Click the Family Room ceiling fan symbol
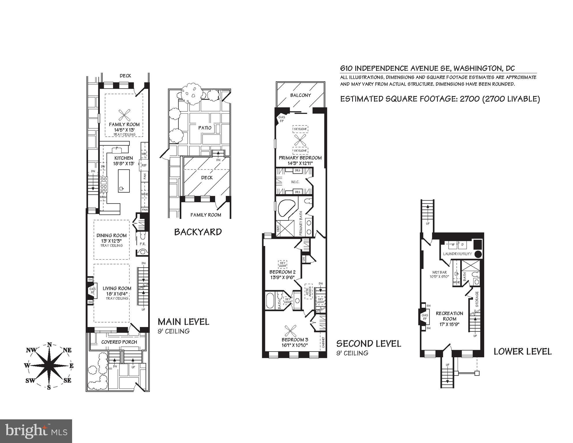click(x=124, y=115)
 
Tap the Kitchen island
click(x=124, y=181)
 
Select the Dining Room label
click(x=111, y=235)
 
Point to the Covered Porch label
click(x=119, y=342)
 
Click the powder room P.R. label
click(x=142, y=244)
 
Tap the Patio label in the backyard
click(x=205, y=128)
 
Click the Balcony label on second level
click(x=300, y=95)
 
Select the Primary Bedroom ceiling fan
click(x=300, y=140)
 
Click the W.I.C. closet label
click(x=295, y=182)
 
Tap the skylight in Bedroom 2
click(x=282, y=264)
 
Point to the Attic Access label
click(x=309, y=291)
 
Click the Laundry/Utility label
click(x=457, y=254)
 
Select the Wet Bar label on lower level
click(x=439, y=272)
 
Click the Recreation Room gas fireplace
click(x=424, y=317)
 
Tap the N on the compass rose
click(x=49, y=345)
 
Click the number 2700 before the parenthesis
click(x=469, y=99)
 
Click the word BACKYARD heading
click(x=198, y=232)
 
